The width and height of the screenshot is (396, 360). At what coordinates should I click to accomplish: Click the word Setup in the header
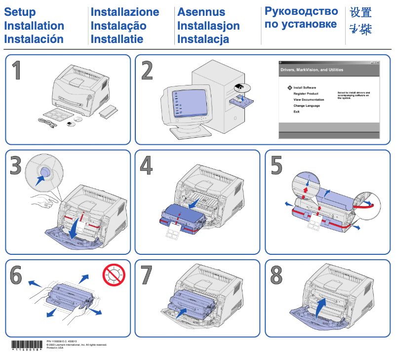point(20,12)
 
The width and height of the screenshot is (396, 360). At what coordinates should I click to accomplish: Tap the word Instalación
point(34,39)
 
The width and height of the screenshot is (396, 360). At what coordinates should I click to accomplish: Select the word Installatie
point(117,39)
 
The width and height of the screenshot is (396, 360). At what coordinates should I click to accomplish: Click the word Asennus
point(201,12)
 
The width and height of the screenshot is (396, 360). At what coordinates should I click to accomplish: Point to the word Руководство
point(301,11)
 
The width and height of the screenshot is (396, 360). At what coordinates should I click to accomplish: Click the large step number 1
point(17,71)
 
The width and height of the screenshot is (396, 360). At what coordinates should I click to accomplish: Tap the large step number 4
point(146,166)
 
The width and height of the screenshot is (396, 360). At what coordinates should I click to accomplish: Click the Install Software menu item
point(305,87)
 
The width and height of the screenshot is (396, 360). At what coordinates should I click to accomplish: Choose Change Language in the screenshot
point(307,106)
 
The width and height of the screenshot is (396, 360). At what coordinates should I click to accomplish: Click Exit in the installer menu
point(296,112)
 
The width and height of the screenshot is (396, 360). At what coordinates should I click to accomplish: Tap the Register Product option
point(306,93)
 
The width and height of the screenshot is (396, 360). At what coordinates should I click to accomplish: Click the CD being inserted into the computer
point(242,87)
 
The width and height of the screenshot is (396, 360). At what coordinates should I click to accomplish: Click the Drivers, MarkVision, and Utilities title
point(312,70)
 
